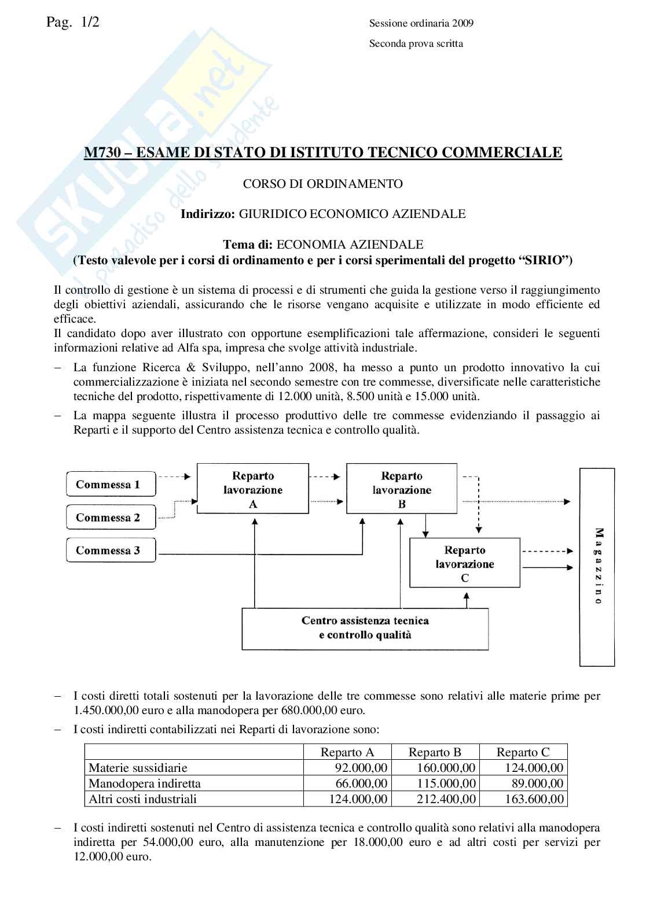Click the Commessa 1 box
click(x=108, y=485)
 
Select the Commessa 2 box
click(x=108, y=518)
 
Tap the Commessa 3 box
click(x=108, y=550)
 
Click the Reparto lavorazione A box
click(x=253, y=489)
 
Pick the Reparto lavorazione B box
click(x=402, y=489)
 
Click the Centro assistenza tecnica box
click(x=365, y=628)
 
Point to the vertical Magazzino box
click(x=597, y=567)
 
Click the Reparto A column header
click(x=347, y=752)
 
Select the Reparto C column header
click(x=523, y=752)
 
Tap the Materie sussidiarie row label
click(x=138, y=768)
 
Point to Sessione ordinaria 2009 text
click(x=421, y=24)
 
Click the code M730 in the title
click(x=100, y=153)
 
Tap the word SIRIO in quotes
click(x=542, y=260)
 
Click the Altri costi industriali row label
click(x=142, y=799)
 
